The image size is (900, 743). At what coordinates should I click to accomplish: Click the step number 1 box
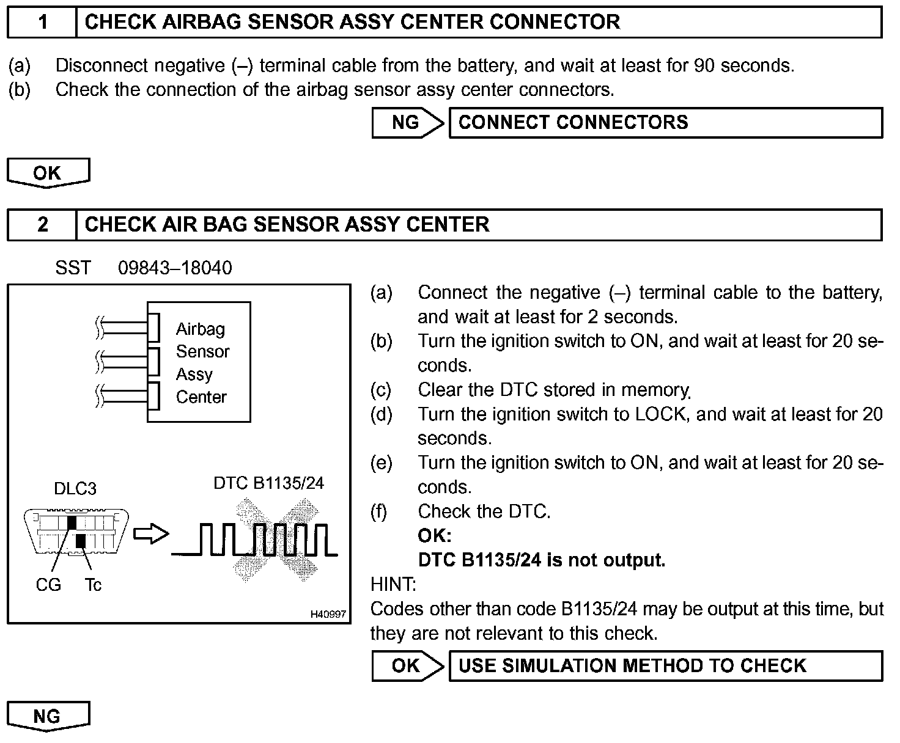42,23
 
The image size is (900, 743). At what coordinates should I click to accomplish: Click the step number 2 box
42,225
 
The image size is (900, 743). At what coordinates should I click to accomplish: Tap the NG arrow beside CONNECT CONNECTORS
407,123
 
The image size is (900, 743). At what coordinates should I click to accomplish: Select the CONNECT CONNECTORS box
665,123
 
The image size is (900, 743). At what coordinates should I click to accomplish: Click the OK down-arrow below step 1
48,173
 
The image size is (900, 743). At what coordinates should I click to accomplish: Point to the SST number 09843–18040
175,268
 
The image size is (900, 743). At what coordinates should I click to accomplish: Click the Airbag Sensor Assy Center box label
202,362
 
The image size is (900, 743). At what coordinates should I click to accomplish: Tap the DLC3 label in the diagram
75,489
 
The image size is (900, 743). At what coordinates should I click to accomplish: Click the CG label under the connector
48,585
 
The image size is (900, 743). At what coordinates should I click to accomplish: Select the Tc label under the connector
93,585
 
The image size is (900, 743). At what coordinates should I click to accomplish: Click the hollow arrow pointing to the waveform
150,534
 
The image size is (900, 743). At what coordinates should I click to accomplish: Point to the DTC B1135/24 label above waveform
268,483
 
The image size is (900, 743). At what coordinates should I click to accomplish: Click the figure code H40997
328,614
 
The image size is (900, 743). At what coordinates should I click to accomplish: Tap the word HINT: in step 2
393,585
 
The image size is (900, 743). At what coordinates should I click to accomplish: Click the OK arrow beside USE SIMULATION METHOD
407,666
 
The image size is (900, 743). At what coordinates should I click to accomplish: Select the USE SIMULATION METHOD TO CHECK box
665,666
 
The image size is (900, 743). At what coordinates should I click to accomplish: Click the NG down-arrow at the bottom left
48,716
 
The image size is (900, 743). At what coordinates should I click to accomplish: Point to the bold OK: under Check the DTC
434,536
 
